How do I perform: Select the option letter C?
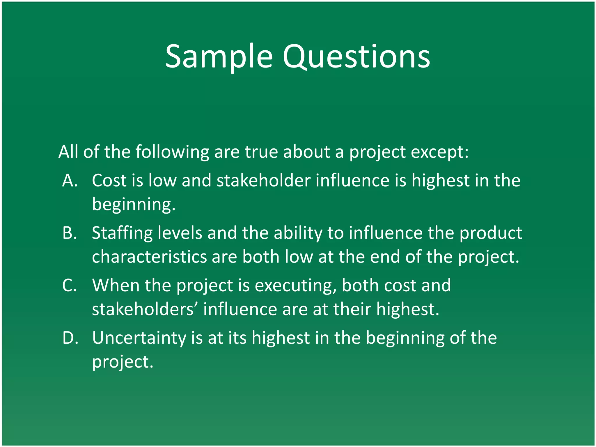70,285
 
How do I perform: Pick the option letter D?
70,338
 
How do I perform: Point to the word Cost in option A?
109,180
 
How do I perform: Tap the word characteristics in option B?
149,257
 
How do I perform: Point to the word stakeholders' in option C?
145,309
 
